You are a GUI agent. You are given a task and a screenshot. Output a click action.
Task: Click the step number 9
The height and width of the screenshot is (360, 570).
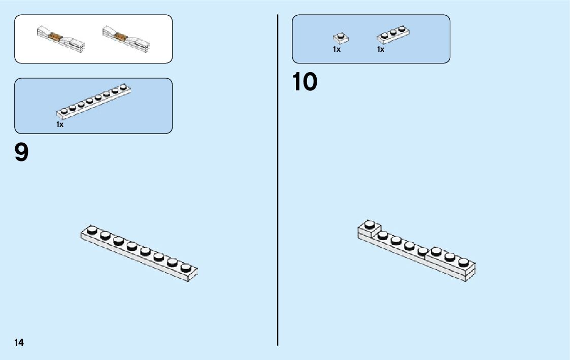pos(22,152)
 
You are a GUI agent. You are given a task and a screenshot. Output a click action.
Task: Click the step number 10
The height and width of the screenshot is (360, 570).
pos(305,82)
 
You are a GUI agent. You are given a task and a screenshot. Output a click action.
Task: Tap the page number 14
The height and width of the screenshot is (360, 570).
pos(19,343)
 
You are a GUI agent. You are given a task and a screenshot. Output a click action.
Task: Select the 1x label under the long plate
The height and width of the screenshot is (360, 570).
pos(60,124)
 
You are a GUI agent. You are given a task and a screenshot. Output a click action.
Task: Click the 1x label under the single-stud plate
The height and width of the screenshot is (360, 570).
pos(337,49)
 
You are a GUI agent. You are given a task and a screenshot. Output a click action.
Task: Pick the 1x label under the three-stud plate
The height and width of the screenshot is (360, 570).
pos(381,49)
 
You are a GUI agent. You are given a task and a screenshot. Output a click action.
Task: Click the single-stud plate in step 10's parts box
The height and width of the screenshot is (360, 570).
pos(341,38)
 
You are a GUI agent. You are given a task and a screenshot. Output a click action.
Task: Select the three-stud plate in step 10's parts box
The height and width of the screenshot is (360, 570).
pos(393,34)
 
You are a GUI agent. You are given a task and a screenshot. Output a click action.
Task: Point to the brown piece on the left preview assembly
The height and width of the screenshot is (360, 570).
pos(57,37)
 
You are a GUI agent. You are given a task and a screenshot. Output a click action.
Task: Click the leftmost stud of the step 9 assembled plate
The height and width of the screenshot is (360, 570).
pos(92,230)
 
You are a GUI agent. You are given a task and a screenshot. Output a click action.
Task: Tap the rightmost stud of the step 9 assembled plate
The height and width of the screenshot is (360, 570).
pos(186,268)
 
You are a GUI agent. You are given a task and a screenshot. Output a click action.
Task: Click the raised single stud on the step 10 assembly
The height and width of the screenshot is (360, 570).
pos(370,224)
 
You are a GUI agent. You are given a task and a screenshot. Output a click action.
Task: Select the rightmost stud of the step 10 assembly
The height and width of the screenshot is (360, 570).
pos(463,262)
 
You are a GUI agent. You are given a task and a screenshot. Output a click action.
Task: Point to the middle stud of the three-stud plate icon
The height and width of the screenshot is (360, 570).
pos(393,32)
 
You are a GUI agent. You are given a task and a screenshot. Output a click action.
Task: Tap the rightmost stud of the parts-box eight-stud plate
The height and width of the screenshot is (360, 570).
pos(123,87)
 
